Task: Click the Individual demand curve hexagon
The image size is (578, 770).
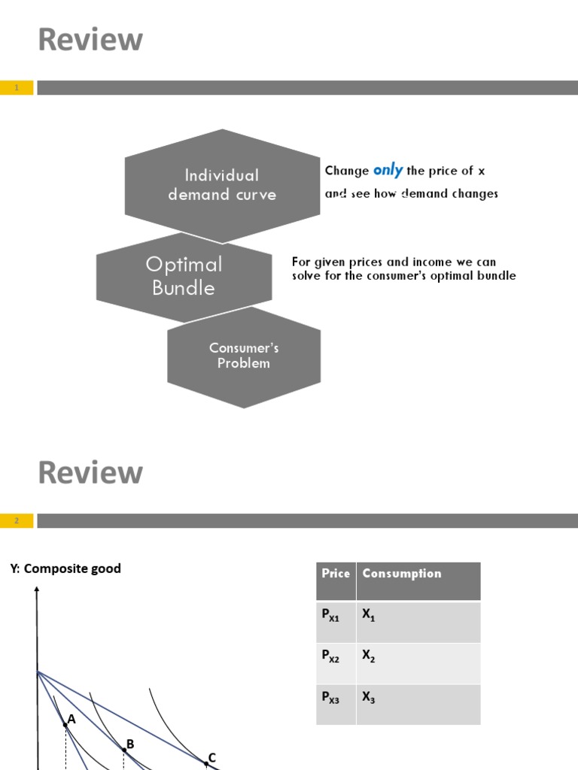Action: pyautogui.click(x=222, y=185)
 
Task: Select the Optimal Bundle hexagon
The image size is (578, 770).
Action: pyautogui.click(x=184, y=276)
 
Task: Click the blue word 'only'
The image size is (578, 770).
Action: pyautogui.click(x=388, y=170)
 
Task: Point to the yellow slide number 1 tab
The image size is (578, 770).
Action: pyautogui.click(x=17, y=88)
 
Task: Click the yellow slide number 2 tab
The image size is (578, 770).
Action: pyautogui.click(x=17, y=520)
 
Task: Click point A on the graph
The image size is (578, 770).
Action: pyautogui.click(x=65, y=725)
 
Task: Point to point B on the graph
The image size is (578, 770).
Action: pyautogui.click(x=124, y=750)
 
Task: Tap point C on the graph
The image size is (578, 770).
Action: pyautogui.click(x=206, y=763)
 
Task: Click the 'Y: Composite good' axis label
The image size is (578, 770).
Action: pyautogui.click(x=65, y=568)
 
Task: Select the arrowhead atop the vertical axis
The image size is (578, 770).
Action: pyautogui.click(x=36, y=592)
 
